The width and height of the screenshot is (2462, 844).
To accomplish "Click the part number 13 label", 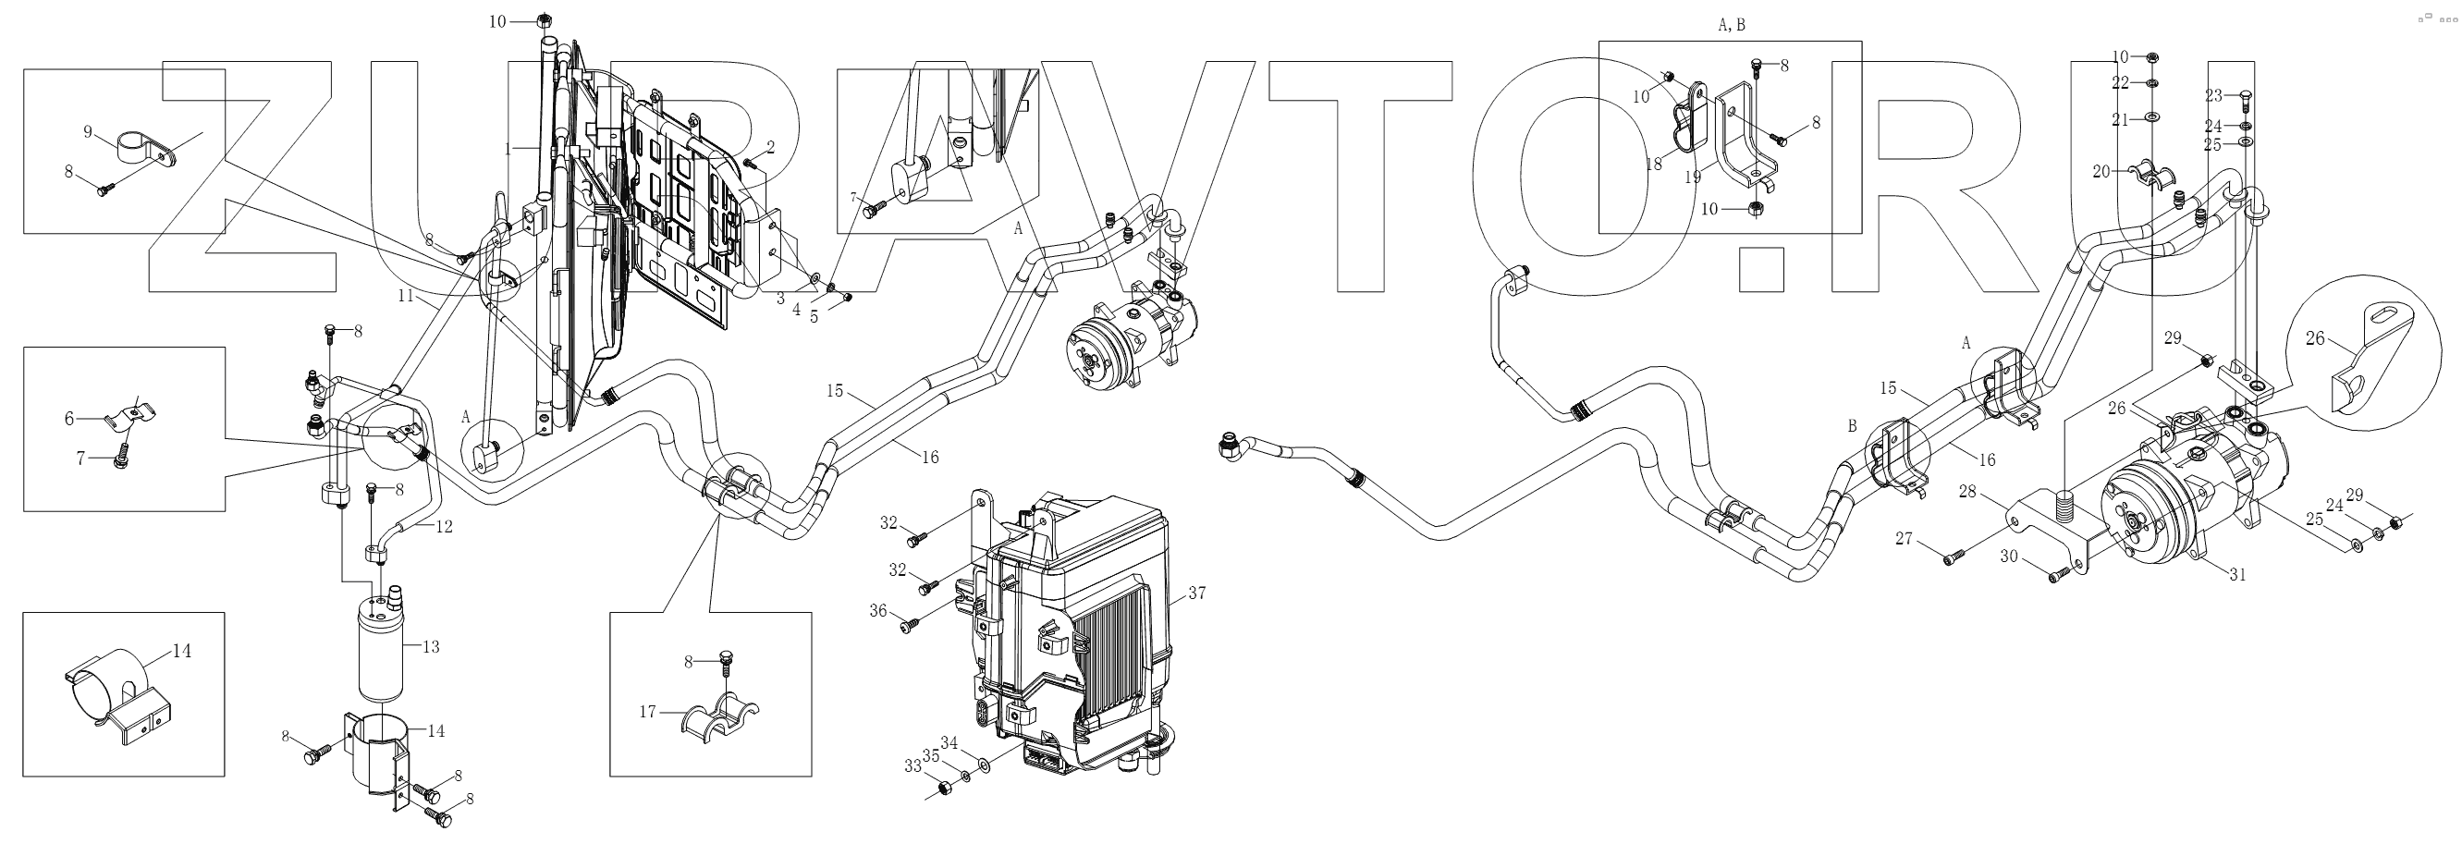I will tap(430, 647).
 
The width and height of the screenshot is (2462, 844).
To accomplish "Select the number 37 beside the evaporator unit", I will tap(1196, 593).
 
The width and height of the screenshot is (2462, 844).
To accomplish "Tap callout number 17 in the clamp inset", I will tap(648, 711).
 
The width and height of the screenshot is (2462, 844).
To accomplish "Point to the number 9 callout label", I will tap(88, 132).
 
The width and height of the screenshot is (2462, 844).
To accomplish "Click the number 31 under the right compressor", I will tap(2237, 574).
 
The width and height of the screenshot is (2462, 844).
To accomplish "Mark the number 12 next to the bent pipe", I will tap(444, 526).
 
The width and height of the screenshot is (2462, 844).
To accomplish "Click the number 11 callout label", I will tap(406, 297).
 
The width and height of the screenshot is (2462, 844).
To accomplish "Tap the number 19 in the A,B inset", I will tap(1693, 177).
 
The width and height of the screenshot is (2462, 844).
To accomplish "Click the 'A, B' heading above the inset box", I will tap(1731, 26).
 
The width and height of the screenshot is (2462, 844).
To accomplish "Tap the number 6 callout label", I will tap(68, 419).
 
